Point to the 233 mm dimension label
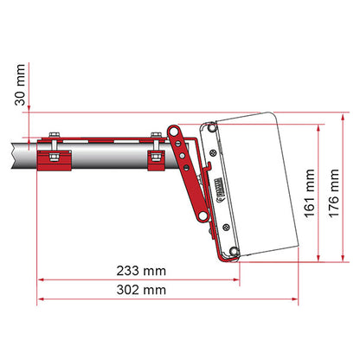click(142, 270)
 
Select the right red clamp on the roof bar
click(156, 159)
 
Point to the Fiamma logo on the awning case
click(218, 183)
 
